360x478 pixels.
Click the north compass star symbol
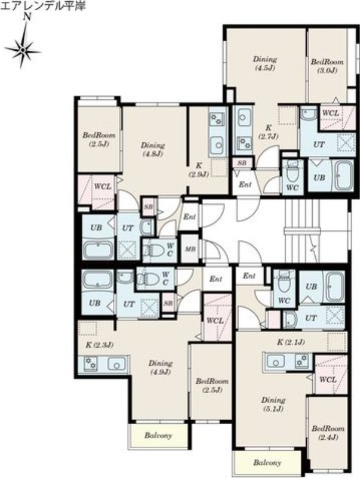(x=23, y=49)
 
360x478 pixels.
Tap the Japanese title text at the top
(x=42, y=6)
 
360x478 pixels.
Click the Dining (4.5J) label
(x=265, y=63)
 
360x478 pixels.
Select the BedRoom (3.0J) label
(x=327, y=66)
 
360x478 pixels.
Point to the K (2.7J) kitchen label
(x=269, y=131)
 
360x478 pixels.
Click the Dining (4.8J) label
(x=152, y=149)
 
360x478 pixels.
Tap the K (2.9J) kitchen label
(x=199, y=170)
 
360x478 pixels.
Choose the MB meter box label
(x=191, y=249)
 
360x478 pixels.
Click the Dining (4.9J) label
(x=160, y=367)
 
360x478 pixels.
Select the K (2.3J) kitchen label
(x=100, y=345)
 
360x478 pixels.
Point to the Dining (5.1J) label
(x=273, y=405)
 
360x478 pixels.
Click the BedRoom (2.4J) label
(x=328, y=433)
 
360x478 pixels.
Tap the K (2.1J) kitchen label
(x=291, y=342)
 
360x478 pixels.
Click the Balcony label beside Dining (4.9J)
(x=158, y=436)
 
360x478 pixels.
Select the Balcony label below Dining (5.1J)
(x=267, y=462)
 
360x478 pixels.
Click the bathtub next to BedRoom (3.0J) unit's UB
(x=344, y=176)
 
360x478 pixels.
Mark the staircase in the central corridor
(x=302, y=231)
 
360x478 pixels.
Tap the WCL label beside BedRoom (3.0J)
(x=331, y=113)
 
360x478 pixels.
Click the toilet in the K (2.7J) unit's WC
(x=292, y=173)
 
